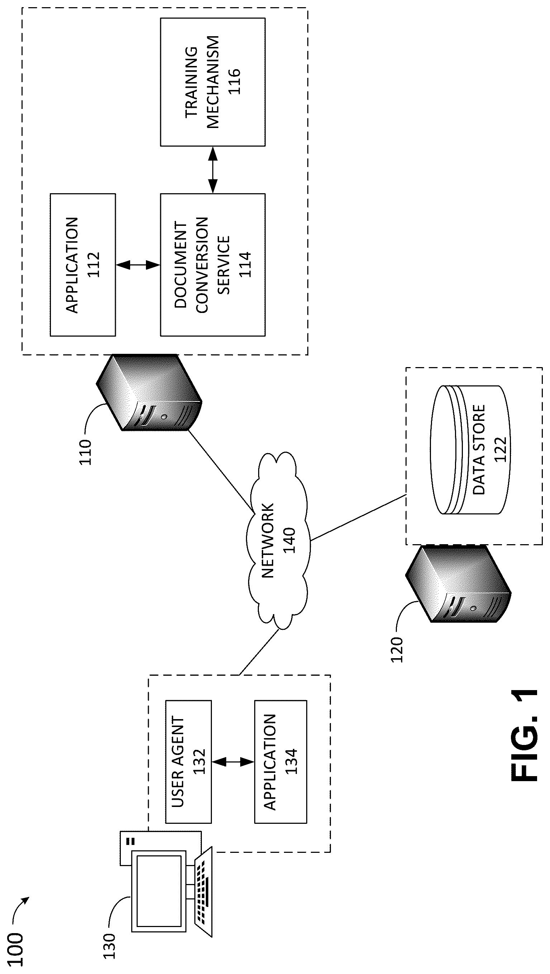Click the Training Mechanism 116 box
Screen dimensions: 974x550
pos(213,82)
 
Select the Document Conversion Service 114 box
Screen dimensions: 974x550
pos(213,265)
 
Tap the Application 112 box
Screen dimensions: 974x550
pos(83,265)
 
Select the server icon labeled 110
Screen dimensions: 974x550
pos(150,393)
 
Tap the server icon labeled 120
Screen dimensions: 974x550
pos(458,585)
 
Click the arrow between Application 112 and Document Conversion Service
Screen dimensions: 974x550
pos(138,265)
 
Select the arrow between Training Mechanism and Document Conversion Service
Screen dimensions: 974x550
pos(213,170)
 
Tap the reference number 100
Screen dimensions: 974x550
pos(15,944)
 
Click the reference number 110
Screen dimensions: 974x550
pos(85,452)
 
